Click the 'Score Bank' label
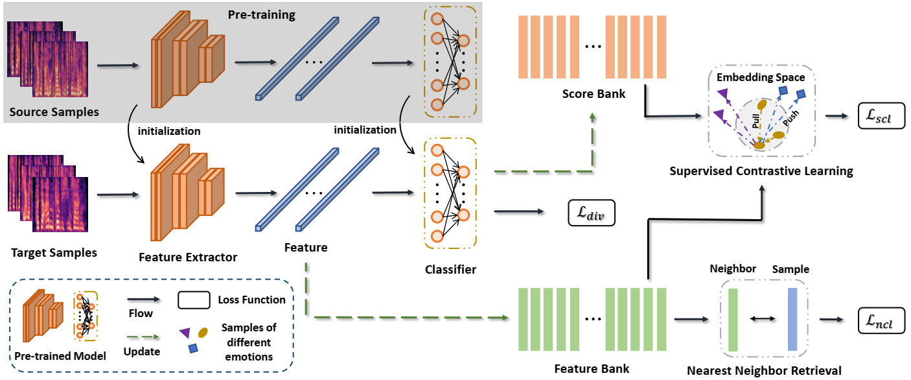point(595,94)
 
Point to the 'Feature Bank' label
point(592,368)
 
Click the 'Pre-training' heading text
point(261,15)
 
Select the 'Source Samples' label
point(54,112)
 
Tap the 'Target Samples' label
point(54,252)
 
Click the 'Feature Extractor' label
point(188,257)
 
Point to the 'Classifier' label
point(450,268)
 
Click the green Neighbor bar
point(733,320)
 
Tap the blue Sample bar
point(792,319)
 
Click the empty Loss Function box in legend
point(193,300)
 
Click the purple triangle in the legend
point(185,333)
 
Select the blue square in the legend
point(193,349)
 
